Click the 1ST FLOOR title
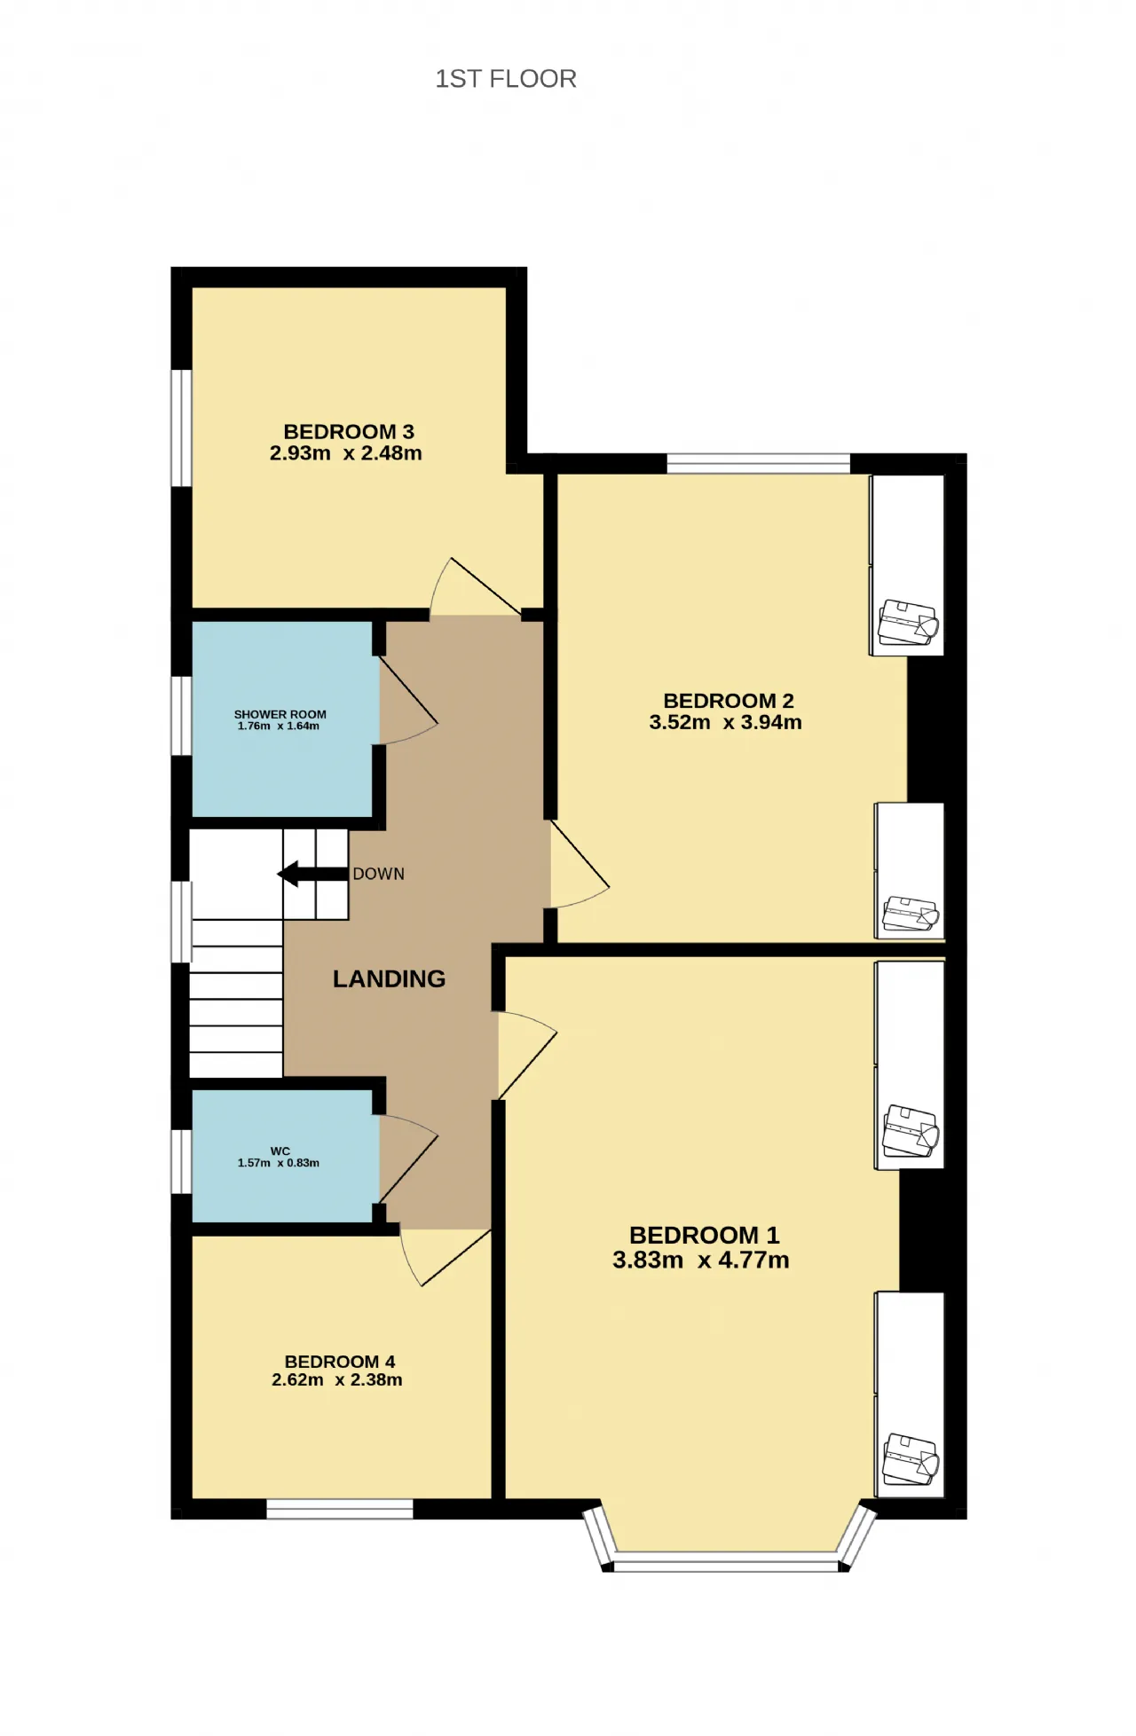pyautogui.click(x=506, y=79)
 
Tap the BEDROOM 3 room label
pyautogui.click(x=349, y=432)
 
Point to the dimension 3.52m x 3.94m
pyautogui.click(x=725, y=722)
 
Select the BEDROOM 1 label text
pyautogui.click(x=704, y=1235)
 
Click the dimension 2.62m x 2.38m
pyautogui.click(x=337, y=1379)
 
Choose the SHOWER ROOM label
pyautogui.click(x=280, y=714)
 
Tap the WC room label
pyautogui.click(x=280, y=1151)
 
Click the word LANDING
pyautogui.click(x=389, y=978)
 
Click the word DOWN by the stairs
pyautogui.click(x=379, y=874)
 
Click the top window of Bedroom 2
pyautogui.click(x=758, y=463)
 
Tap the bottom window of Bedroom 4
pyautogui.click(x=340, y=1509)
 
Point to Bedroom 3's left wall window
pyautogui.click(x=181, y=428)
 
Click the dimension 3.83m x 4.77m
pyautogui.click(x=701, y=1260)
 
